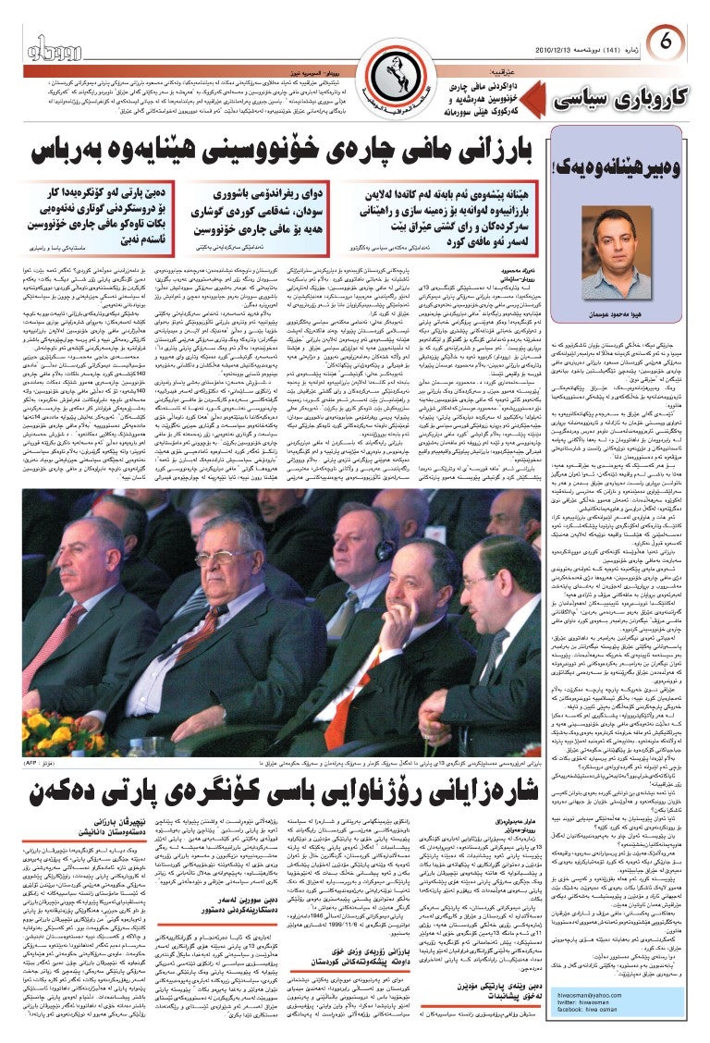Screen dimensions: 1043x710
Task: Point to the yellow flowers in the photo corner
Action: [37, 730]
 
